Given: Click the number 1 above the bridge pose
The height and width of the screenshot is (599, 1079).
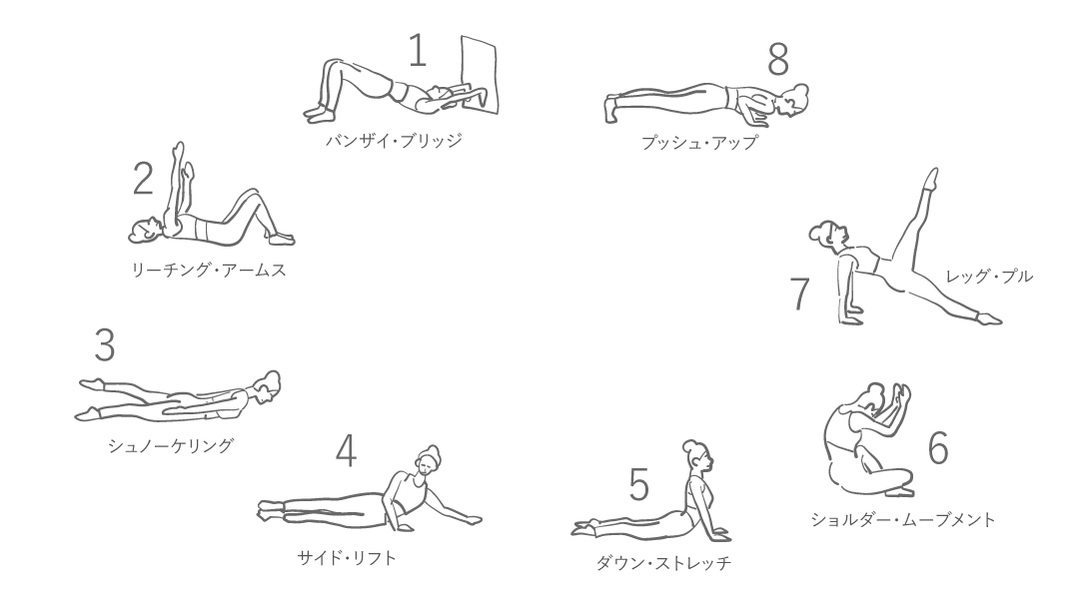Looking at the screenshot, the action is click(418, 50).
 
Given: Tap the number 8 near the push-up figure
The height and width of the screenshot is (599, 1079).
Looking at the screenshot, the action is click(778, 59).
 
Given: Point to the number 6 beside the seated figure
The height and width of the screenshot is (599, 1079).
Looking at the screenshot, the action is click(938, 447).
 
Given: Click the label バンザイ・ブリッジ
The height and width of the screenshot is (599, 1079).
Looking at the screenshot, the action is click(394, 141).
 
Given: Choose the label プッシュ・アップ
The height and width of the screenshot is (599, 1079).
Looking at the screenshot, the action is click(699, 143).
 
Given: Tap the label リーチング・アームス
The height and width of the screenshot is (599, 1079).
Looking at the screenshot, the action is click(209, 270).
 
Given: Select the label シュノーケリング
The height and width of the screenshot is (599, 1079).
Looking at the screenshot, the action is click(171, 445).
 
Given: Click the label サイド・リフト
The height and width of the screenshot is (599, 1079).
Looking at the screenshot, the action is click(347, 558).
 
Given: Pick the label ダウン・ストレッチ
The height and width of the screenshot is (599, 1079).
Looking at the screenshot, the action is click(663, 563).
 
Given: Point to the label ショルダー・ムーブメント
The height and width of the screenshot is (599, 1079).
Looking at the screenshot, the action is click(903, 519).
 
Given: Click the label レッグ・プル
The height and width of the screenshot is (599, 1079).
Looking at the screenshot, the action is click(989, 277).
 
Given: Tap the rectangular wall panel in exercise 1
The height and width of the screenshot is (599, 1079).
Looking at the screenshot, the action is click(479, 73).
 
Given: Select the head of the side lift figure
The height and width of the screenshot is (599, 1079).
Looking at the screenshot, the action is click(428, 462).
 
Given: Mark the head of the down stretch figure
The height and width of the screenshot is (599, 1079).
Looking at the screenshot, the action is click(696, 455).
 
